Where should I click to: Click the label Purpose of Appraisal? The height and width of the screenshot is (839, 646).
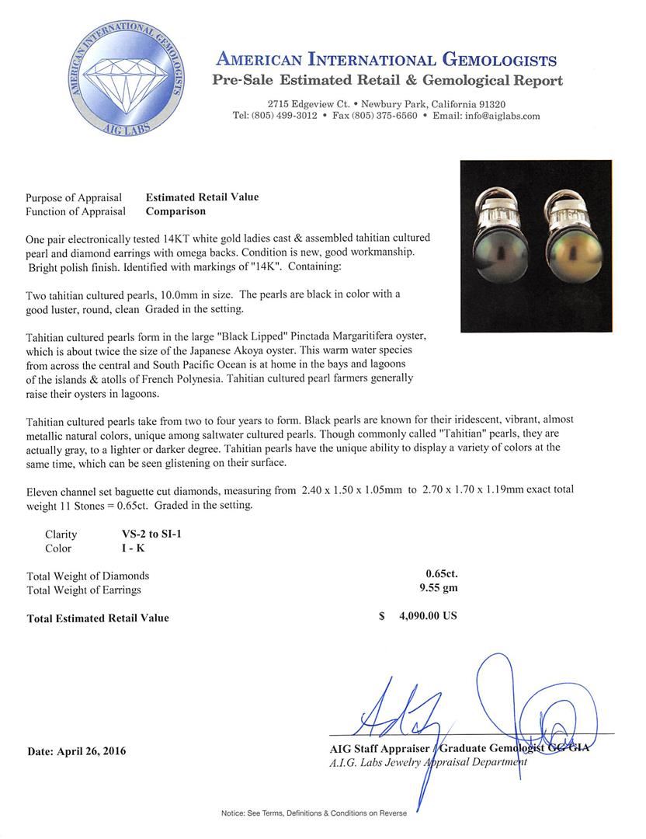(x=76, y=197)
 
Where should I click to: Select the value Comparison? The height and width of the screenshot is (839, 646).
(x=175, y=211)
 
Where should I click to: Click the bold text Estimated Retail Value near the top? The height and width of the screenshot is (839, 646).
(x=202, y=197)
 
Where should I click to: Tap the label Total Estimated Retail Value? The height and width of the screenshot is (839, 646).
(x=98, y=618)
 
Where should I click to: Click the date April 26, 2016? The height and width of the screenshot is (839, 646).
(x=76, y=751)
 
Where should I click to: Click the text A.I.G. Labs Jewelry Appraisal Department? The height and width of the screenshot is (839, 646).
(x=428, y=762)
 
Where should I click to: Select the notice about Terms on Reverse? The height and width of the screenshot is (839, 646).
(x=314, y=813)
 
